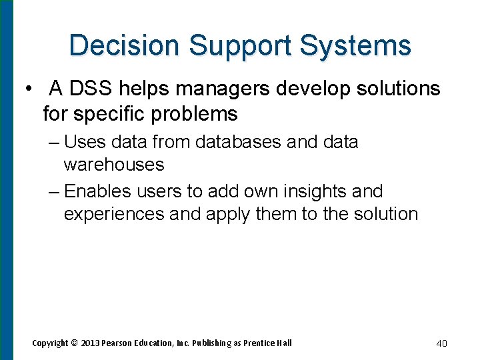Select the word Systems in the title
tap(355, 45)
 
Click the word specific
tap(110, 114)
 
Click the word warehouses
tap(114, 164)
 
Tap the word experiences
tap(114, 214)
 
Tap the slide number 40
tap(441, 343)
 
